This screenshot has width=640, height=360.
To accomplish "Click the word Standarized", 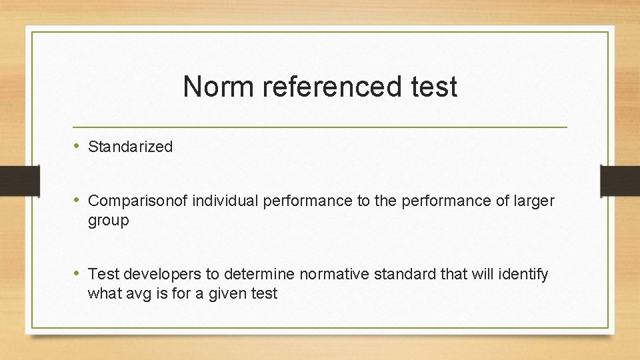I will tap(130, 147).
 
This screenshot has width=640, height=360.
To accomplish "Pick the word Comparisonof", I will tap(138, 201).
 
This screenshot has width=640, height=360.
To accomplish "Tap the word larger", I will tap(535, 201).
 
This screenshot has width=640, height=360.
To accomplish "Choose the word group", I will tap(108, 221).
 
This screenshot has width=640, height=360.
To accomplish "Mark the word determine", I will tap(262, 274).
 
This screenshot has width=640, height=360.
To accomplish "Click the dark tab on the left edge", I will tap(13, 180).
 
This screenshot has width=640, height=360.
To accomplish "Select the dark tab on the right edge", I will tap(620, 180).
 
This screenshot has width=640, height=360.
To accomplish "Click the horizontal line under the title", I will tap(320, 127).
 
